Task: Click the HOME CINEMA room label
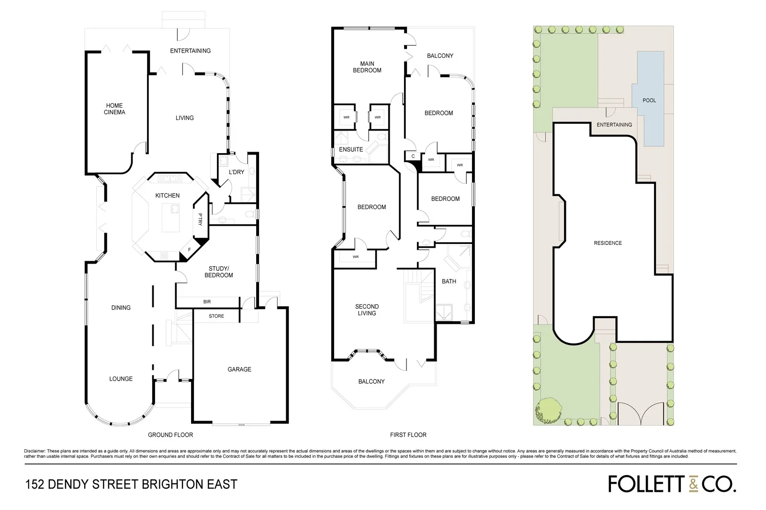pos(114,109)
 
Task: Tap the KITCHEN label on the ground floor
pos(167,195)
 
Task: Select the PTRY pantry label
pos(200,219)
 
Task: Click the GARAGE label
pos(239,369)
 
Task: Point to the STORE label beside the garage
pos(216,316)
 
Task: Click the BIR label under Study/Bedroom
pos(207,302)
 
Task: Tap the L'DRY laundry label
pos(237,172)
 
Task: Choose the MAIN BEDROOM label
pos(367,67)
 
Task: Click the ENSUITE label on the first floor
pos(351,149)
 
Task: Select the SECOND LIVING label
pos(367,310)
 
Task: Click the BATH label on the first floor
pos(449,281)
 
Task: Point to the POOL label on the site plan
pos(649,100)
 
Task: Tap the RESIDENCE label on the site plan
pos(608,243)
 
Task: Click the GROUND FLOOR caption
pos(170,435)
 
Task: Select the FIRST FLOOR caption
pos(408,435)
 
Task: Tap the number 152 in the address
pos(35,484)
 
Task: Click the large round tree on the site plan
pos(549,410)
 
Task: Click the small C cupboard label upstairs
pos(413,156)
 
